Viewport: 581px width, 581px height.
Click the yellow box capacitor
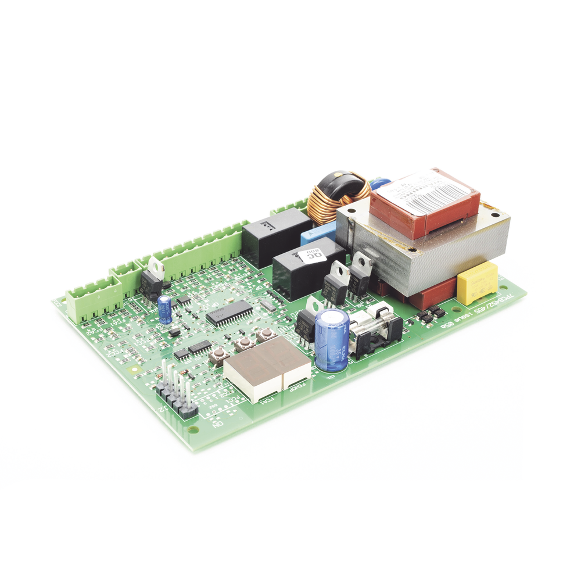click(477, 282)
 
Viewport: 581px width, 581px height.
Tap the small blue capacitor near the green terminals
click(166, 309)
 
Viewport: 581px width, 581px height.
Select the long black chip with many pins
click(229, 313)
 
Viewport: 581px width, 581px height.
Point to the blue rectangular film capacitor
click(317, 233)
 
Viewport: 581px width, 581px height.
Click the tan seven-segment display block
click(267, 367)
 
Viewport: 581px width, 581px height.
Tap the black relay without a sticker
click(275, 235)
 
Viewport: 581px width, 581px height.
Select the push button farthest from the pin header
click(266, 335)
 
